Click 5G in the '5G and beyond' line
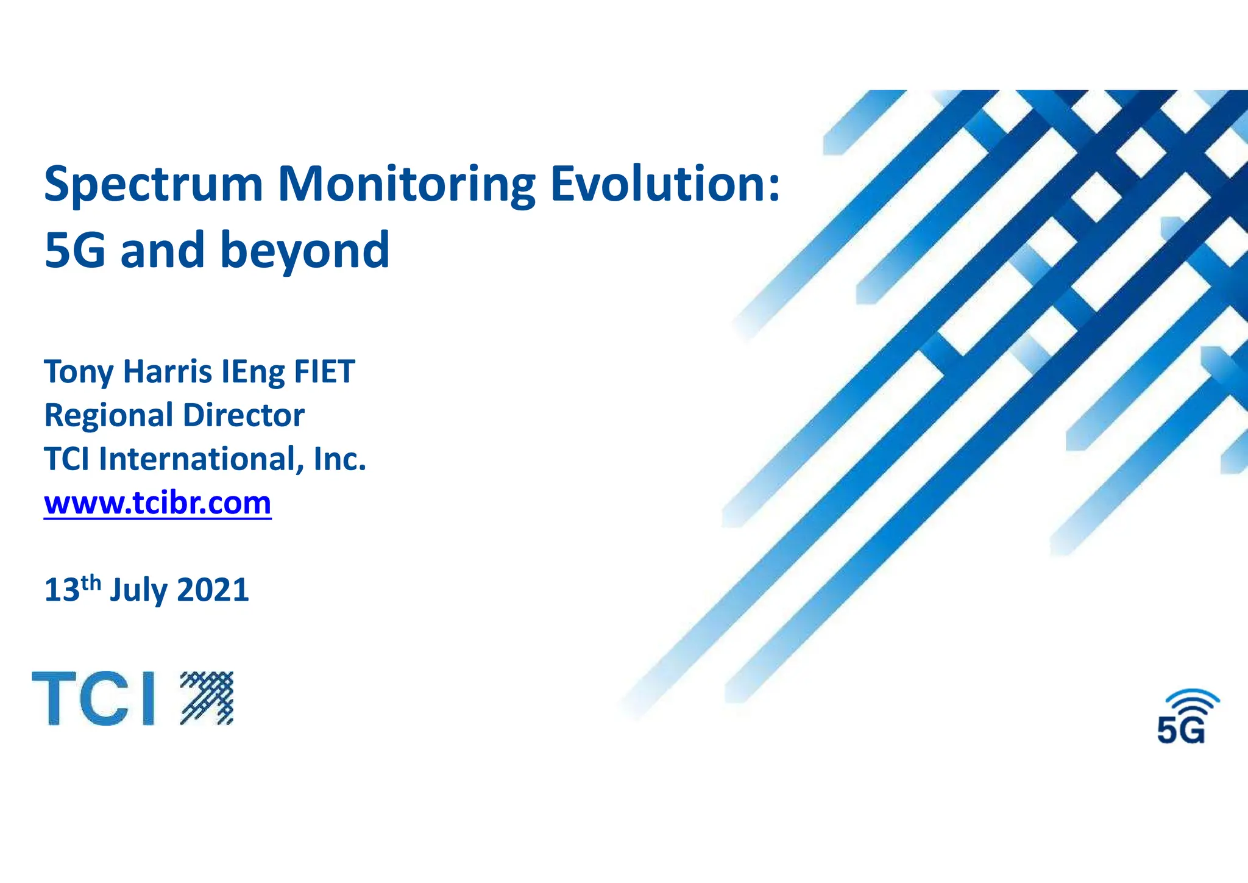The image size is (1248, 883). pos(74,250)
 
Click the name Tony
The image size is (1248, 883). pos(78,373)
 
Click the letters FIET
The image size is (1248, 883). pos(324,371)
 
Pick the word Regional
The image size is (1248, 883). pos(109,416)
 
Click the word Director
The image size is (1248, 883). pos(243,415)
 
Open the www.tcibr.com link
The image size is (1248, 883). pos(157,504)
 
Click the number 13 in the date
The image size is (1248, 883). pos(62,590)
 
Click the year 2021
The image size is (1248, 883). pos(213,590)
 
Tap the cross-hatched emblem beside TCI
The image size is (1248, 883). pos(207,698)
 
